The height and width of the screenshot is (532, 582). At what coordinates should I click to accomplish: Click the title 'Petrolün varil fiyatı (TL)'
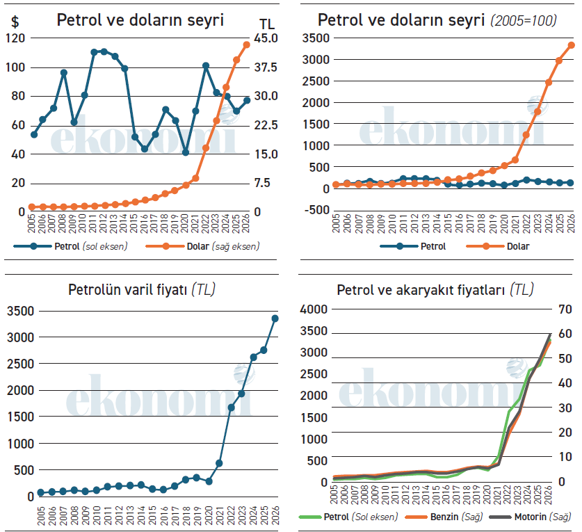coord(142,289)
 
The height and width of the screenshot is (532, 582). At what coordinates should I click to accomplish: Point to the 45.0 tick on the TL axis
coord(267,38)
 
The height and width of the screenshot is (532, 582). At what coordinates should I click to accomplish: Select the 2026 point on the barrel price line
coord(275,319)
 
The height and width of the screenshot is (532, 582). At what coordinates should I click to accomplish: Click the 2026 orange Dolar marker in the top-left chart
coord(247,45)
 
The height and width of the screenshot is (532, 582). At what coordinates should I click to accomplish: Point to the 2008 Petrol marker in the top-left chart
coord(64,72)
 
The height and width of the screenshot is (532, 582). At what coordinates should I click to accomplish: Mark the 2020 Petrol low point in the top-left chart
coord(186,152)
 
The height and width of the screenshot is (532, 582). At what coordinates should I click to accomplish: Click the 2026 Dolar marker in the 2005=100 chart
coord(572,45)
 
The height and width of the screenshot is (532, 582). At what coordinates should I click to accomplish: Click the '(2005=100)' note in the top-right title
coord(524,21)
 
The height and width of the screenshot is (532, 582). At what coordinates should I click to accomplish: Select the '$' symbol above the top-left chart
coord(15,22)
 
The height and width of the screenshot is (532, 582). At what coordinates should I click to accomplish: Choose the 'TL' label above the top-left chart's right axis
coord(266,22)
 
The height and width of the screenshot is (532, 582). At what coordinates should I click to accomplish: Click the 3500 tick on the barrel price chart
coord(19,312)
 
